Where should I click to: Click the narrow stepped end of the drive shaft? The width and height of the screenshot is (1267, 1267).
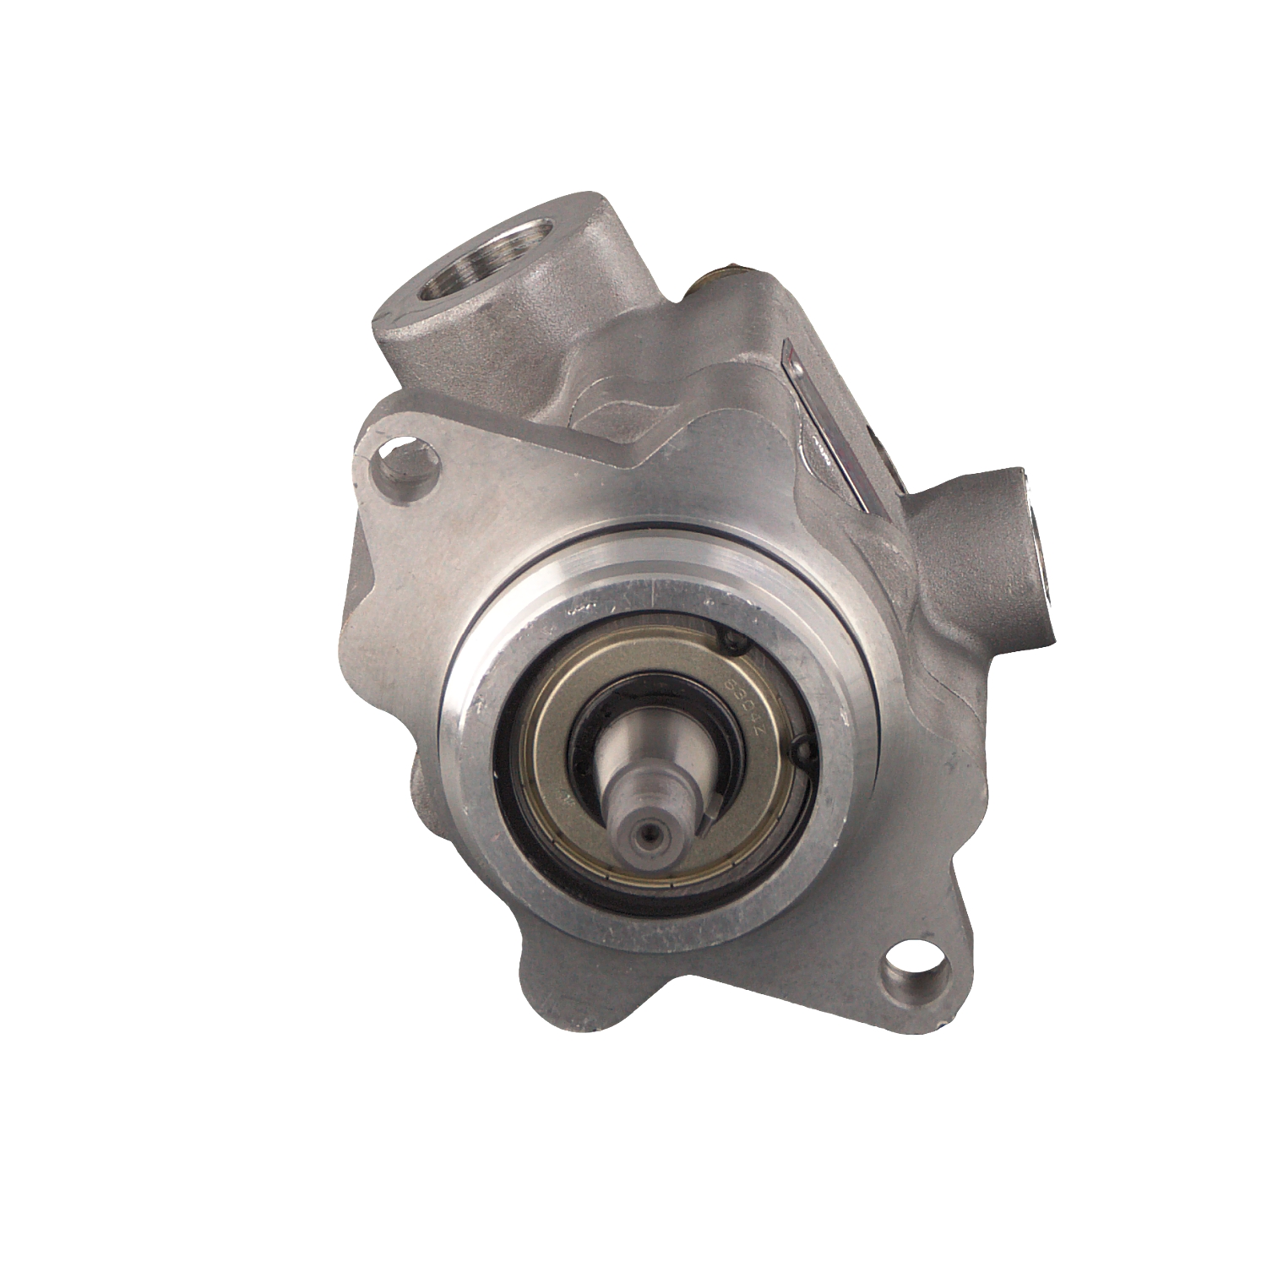650,811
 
